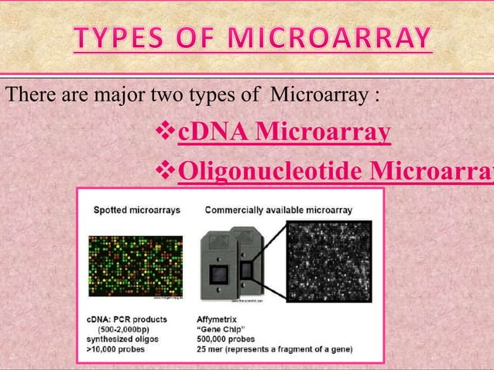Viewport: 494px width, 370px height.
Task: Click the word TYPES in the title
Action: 117,38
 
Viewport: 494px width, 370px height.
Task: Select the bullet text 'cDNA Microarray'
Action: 283,133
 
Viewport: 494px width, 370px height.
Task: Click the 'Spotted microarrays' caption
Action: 132,209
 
